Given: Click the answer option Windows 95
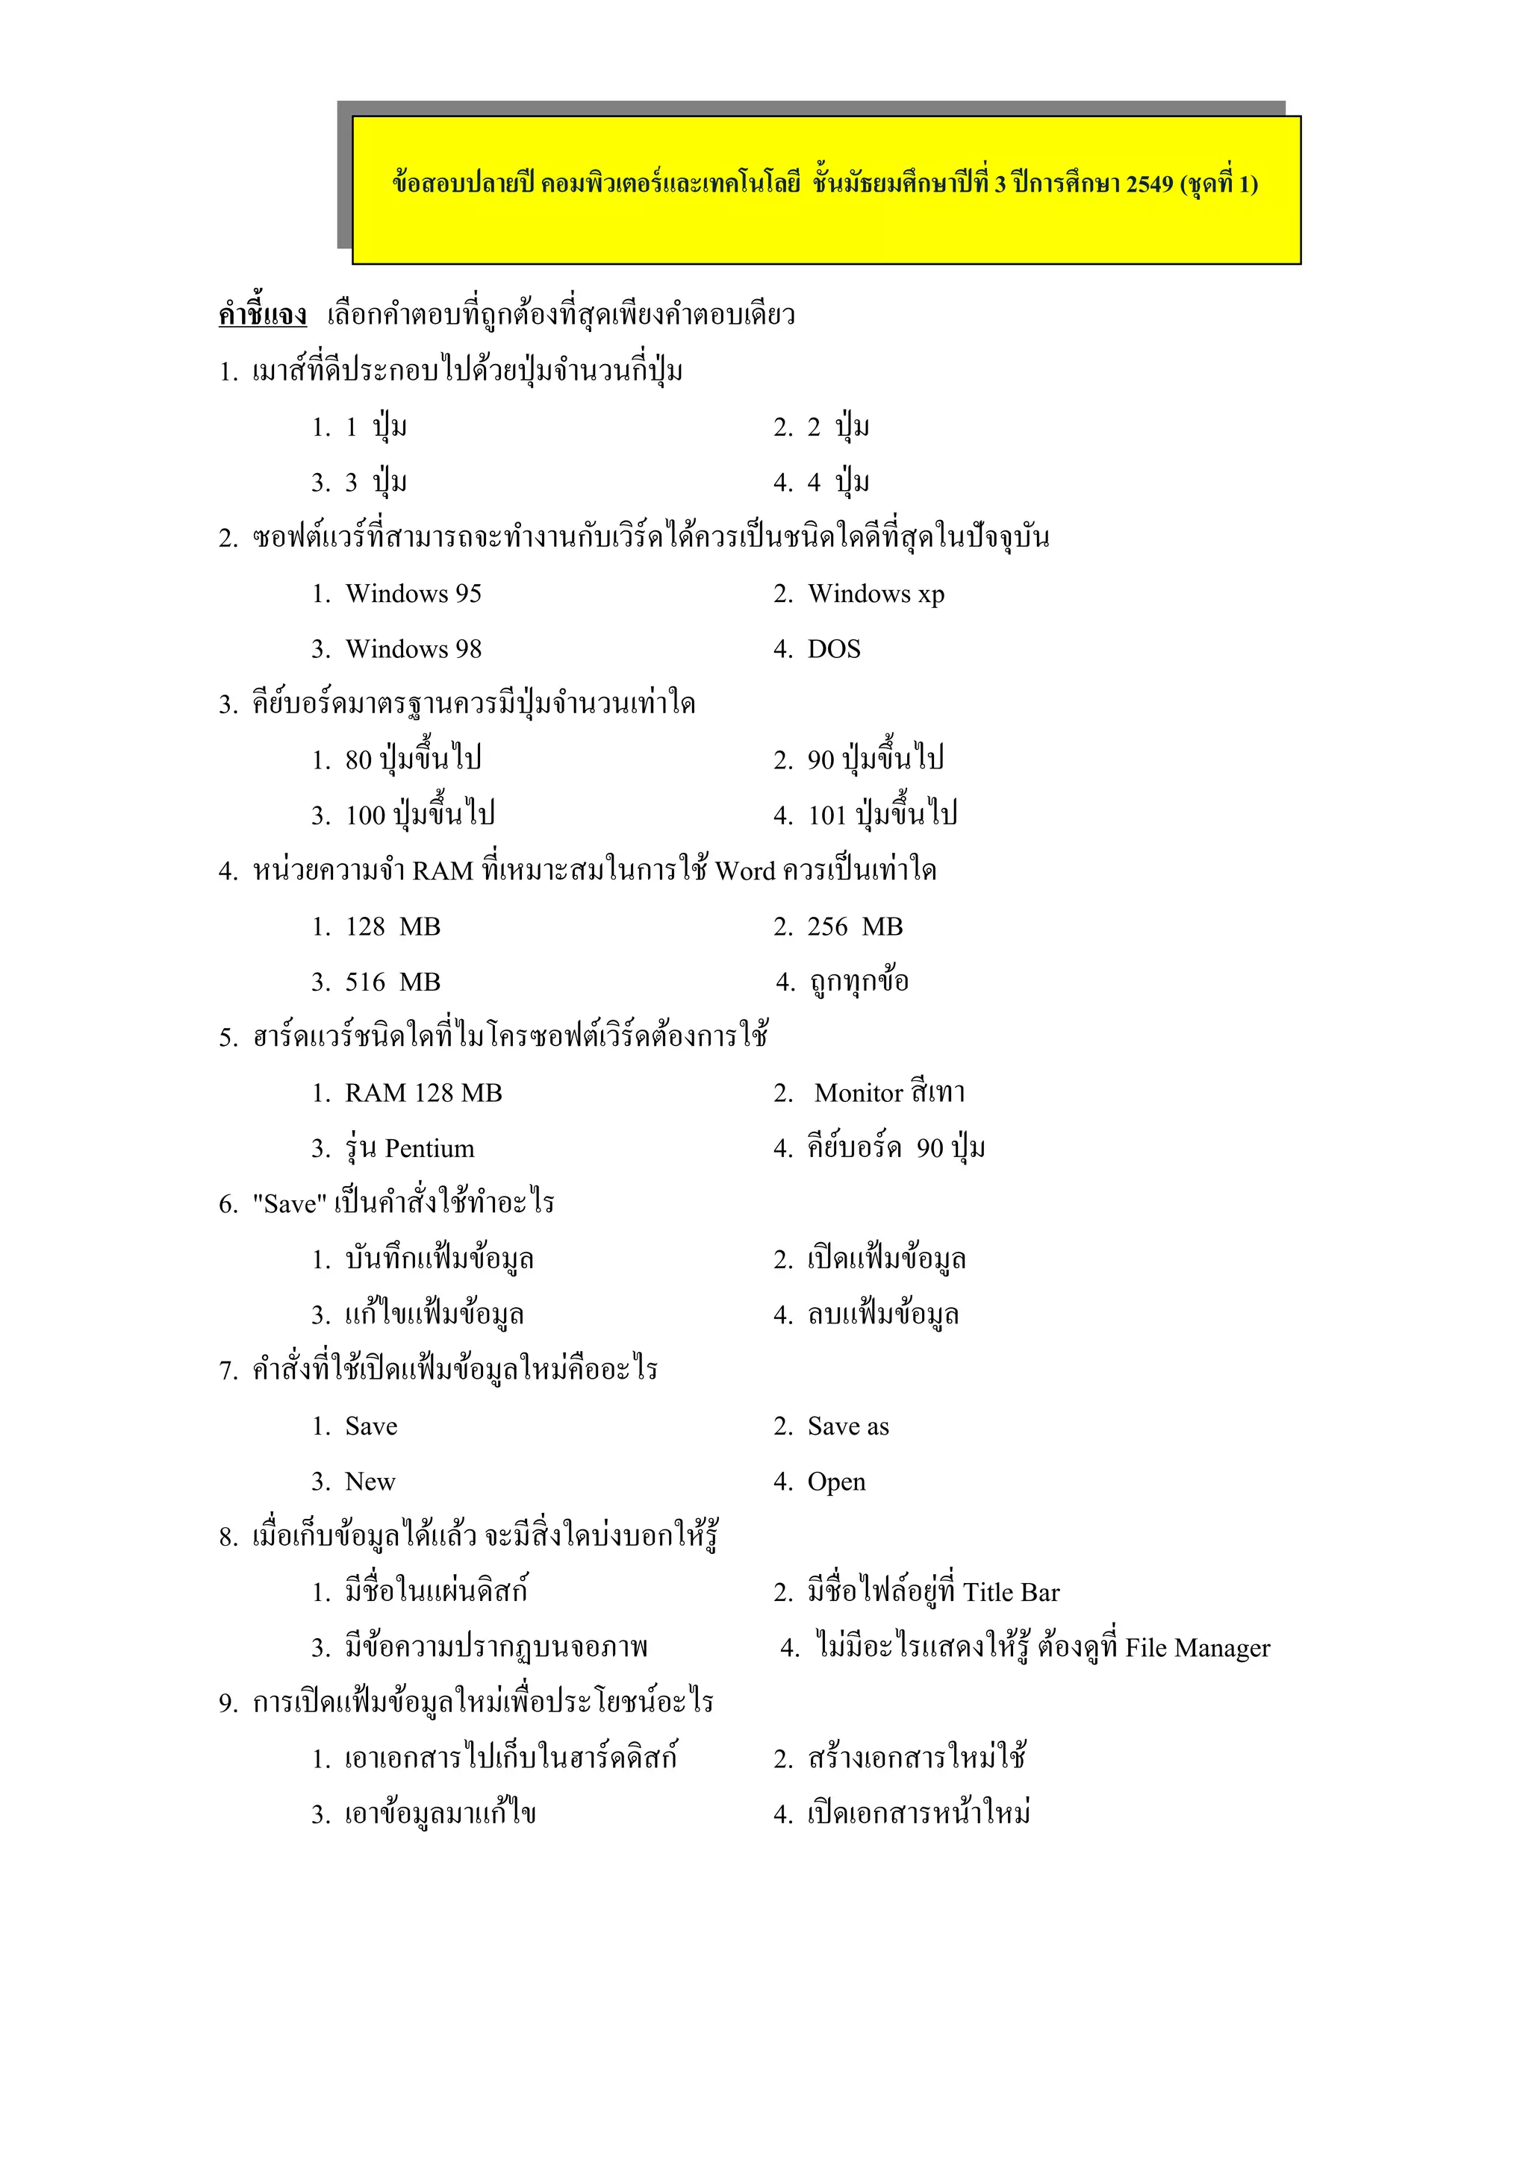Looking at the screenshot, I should pos(413,594).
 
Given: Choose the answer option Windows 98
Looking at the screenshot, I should pos(413,650).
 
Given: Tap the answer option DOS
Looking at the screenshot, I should pos(834,650).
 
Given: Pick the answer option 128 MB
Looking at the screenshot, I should pos(393,927).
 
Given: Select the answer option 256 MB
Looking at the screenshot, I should pos(855,927).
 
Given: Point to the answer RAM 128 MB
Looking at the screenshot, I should pos(423,1093).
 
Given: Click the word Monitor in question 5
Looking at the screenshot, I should pos(859,1093).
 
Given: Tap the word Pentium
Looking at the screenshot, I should pos(429,1149).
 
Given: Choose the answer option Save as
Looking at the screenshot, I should pos(848,1426).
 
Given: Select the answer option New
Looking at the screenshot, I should pos(370,1482).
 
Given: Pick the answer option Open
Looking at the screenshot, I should pos(835,1482).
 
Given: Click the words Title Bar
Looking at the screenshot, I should pos(1011,1594).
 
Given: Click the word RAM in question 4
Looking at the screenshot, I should pos(443,872).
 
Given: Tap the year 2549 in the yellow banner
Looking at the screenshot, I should pos(1149,184).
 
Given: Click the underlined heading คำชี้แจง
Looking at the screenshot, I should pos(263,315).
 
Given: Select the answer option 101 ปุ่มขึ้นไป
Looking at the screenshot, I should pos(882,815).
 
